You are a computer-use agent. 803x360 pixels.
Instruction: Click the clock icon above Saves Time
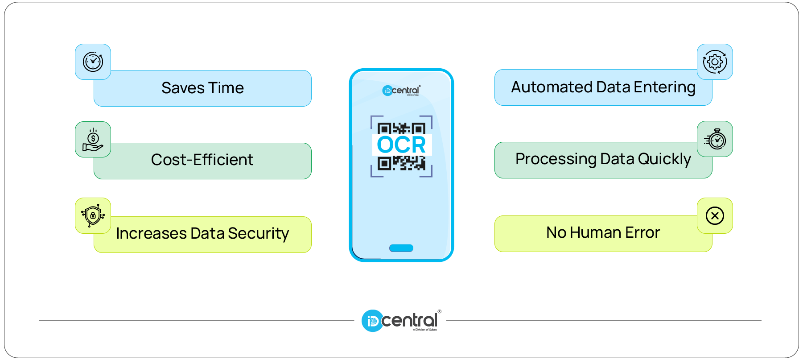(x=93, y=62)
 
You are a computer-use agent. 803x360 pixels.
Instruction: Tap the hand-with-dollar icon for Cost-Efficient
(x=93, y=140)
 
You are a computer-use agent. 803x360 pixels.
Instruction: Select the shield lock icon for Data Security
(x=93, y=216)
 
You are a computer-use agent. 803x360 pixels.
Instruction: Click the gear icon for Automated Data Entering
(x=715, y=62)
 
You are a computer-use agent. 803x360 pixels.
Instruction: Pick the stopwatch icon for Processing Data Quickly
(x=715, y=139)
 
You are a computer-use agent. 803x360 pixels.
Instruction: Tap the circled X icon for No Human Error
(x=715, y=216)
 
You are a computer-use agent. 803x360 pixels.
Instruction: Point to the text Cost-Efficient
(x=202, y=160)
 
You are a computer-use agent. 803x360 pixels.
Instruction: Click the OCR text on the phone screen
(x=401, y=145)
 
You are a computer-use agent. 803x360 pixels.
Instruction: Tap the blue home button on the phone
(x=401, y=248)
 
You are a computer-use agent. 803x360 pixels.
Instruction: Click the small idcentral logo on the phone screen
(x=401, y=91)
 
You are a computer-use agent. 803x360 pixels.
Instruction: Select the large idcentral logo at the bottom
(x=401, y=321)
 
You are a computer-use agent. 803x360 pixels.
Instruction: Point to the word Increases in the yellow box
(x=151, y=234)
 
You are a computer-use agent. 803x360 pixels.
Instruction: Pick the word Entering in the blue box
(x=664, y=87)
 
